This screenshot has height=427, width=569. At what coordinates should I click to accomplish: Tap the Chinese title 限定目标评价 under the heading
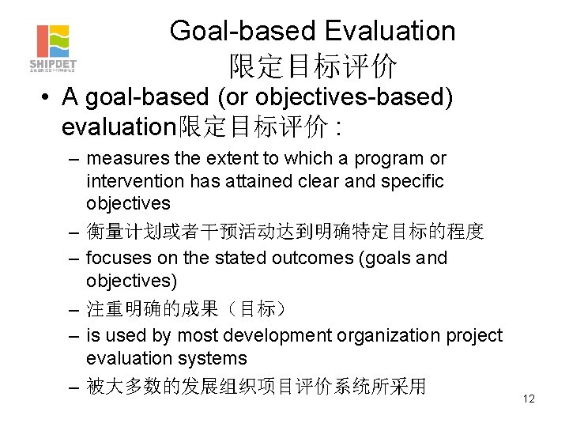tap(313, 66)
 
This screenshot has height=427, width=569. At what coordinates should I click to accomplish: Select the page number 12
tap(529, 399)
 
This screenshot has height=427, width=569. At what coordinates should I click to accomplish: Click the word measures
tap(122, 159)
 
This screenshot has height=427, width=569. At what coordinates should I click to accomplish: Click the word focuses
tap(115, 258)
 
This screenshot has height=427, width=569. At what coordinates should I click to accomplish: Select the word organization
tap(382, 335)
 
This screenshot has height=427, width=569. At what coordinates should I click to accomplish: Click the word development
tap(286, 335)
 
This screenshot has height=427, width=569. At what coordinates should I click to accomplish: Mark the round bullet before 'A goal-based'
tap(47, 97)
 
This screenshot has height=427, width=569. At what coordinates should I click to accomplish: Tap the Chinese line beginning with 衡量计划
tap(284, 231)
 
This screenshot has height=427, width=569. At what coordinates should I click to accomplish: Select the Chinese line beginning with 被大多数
tap(256, 386)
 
